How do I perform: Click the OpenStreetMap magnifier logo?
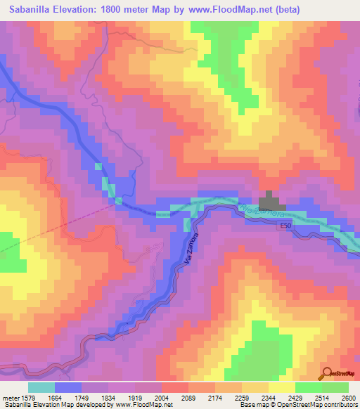click(327, 373)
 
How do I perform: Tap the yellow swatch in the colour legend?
click(282, 387)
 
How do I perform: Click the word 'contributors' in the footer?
click(340, 405)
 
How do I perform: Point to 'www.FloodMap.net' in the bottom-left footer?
click(143, 405)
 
